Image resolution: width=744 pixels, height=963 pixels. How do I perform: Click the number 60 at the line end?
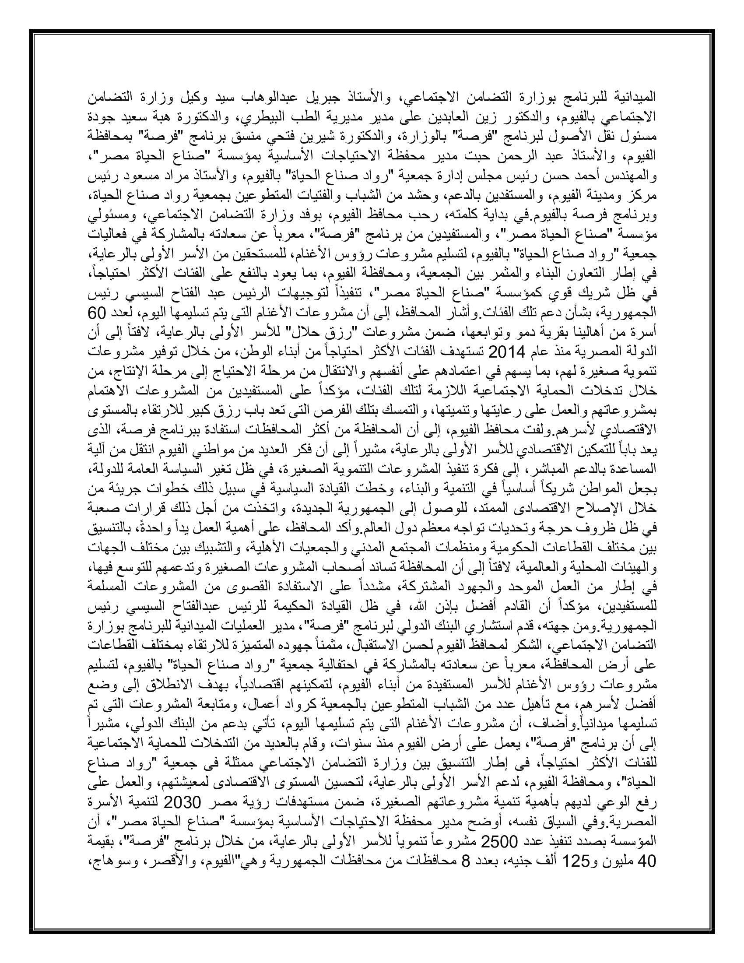click(648, 313)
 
